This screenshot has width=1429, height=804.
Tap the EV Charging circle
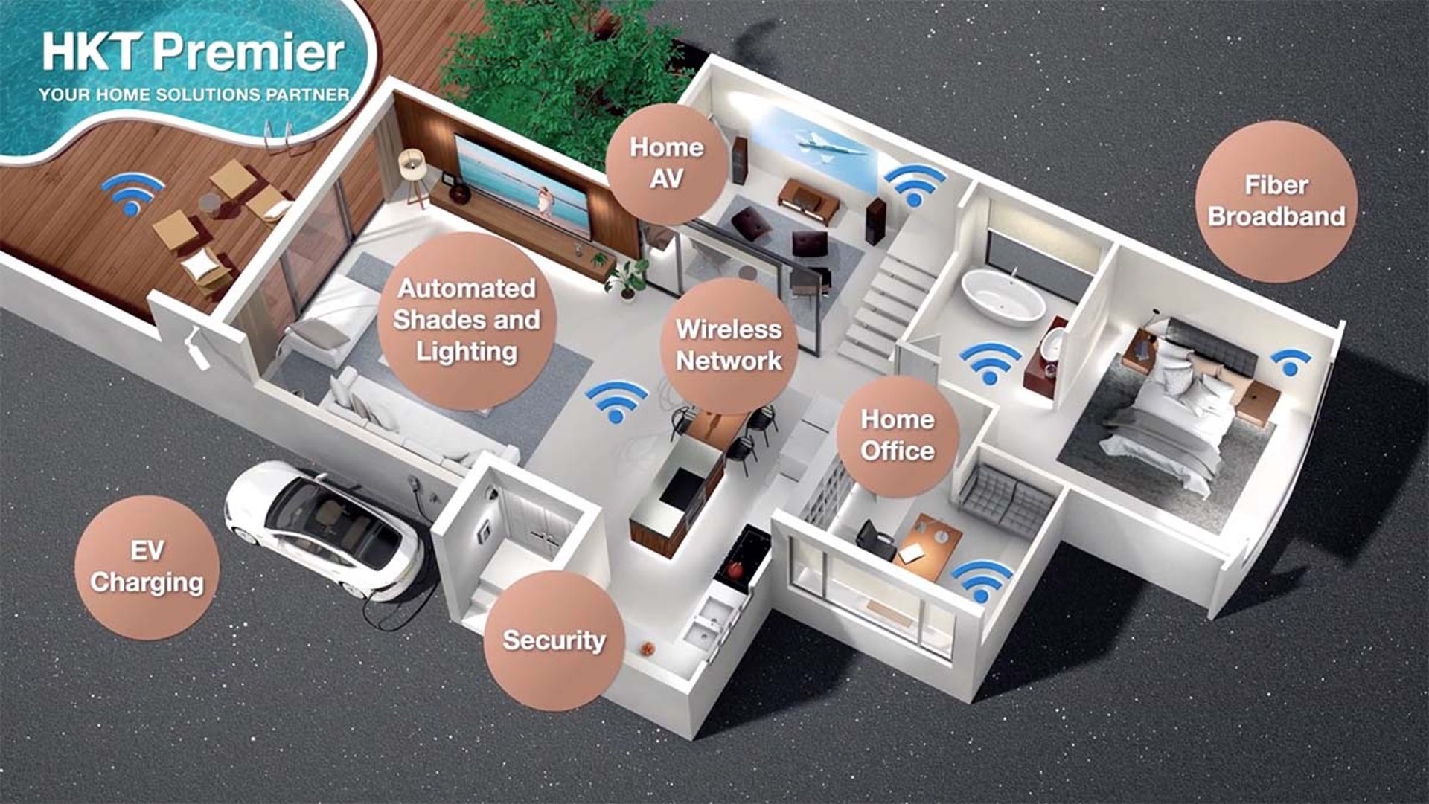click(147, 567)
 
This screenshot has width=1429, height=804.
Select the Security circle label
click(554, 640)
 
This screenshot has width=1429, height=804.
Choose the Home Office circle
click(897, 436)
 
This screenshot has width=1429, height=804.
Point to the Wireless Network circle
click(729, 345)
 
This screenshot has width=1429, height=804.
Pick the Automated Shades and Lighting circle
click(467, 321)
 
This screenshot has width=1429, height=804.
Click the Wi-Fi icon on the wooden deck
click(132, 193)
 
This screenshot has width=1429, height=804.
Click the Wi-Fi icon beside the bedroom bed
click(1291, 361)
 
